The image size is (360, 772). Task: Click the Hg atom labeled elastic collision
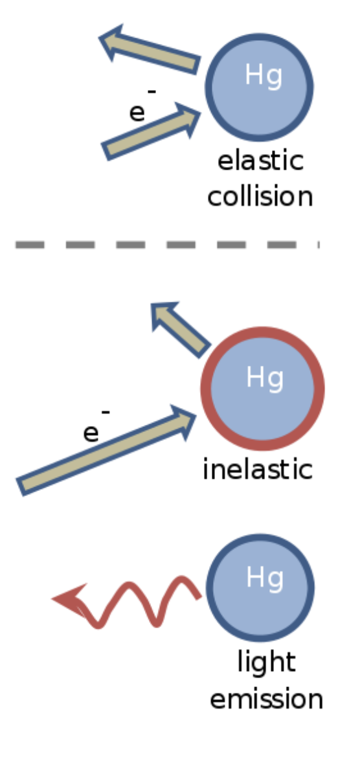259,85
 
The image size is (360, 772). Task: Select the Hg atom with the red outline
262,389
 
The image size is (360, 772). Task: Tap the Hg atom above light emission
261,587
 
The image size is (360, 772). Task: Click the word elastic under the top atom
260,161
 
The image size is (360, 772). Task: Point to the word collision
260,196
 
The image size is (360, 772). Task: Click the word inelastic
258,469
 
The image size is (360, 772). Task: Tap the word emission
266,699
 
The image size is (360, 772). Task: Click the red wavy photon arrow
129,602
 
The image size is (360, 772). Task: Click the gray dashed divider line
167,245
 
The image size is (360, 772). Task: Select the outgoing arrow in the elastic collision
149,51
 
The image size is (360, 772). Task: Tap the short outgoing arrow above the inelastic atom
181,330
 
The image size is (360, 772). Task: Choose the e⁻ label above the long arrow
95,427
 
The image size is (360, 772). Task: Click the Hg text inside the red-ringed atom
265,378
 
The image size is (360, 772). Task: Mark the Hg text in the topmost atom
263,76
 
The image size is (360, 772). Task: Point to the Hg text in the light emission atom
264,577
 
